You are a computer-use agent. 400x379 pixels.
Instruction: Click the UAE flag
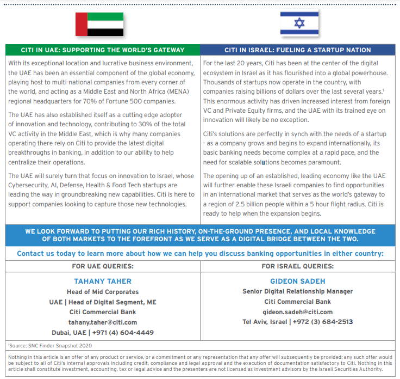pyautogui.click(x=99, y=24)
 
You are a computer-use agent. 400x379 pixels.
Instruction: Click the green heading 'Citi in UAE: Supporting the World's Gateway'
pyautogui.click(x=103, y=50)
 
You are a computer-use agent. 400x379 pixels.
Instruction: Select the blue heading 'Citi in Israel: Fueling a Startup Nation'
pyautogui.click(x=298, y=50)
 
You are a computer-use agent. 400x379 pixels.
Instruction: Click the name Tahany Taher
pyautogui.click(x=103, y=282)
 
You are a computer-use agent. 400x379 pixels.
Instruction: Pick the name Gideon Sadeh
pyautogui.click(x=297, y=282)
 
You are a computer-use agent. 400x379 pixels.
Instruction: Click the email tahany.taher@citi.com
pyautogui.click(x=103, y=322)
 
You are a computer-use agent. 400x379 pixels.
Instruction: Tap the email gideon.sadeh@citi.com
pyautogui.click(x=297, y=312)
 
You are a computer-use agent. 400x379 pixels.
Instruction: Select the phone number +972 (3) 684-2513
pyautogui.click(x=323, y=322)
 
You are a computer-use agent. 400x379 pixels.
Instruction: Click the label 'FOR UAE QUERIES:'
pyautogui.click(x=103, y=266)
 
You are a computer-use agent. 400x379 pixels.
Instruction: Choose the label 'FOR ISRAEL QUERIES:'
pyautogui.click(x=297, y=266)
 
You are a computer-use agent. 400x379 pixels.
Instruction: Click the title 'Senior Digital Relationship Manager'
pyautogui.click(x=297, y=291)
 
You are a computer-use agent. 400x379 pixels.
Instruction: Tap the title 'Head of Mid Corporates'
pyautogui.click(x=103, y=292)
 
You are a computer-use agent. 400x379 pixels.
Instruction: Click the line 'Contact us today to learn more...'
pyautogui.click(x=200, y=254)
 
